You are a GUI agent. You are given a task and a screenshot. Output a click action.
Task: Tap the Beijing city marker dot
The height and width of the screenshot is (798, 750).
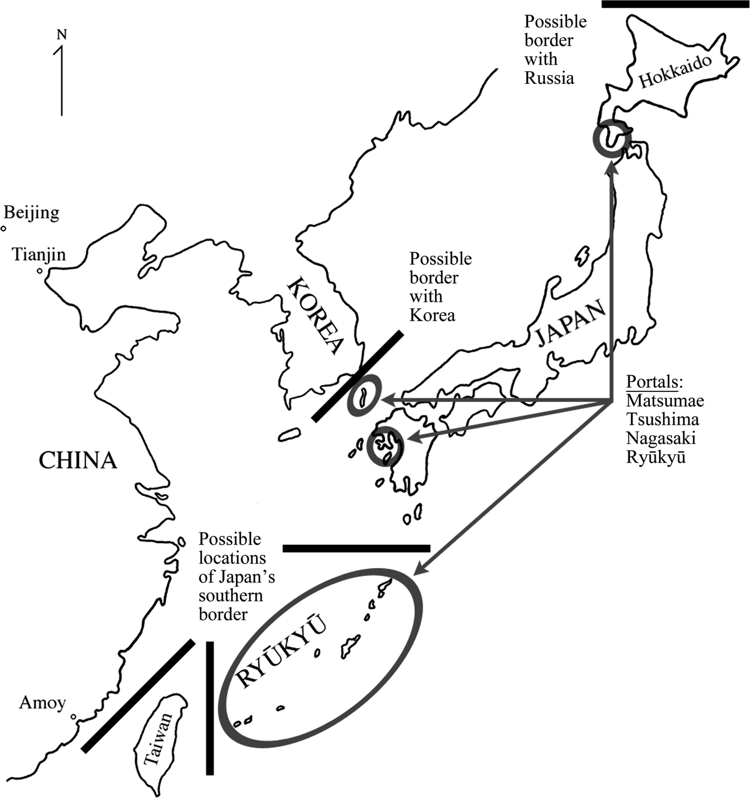(3, 229)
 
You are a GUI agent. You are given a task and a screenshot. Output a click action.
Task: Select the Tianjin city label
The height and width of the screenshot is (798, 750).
(39, 255)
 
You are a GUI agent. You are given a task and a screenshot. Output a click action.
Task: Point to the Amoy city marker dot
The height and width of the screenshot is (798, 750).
(73, 717)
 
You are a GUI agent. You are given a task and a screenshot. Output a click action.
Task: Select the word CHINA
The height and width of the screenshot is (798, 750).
(78, 460)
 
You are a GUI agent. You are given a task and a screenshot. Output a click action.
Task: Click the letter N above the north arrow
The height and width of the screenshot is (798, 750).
(61, 35)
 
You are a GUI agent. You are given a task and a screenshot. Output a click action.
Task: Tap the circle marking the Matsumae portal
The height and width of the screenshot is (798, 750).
(611, 139)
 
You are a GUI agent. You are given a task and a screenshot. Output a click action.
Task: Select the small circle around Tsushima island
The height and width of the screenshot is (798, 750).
(364, 396)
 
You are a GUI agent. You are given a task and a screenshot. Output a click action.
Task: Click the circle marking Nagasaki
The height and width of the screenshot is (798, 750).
(385, 445)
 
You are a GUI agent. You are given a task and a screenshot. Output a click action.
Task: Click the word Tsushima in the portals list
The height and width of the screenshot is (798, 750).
(663, 419)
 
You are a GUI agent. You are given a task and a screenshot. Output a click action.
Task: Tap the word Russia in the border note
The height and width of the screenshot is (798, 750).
(549, 78)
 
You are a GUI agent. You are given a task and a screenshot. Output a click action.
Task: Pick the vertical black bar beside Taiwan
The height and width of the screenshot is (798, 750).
(210, 708)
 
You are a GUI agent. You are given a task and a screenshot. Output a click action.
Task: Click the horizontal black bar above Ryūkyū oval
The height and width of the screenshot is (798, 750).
(356, 548)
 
